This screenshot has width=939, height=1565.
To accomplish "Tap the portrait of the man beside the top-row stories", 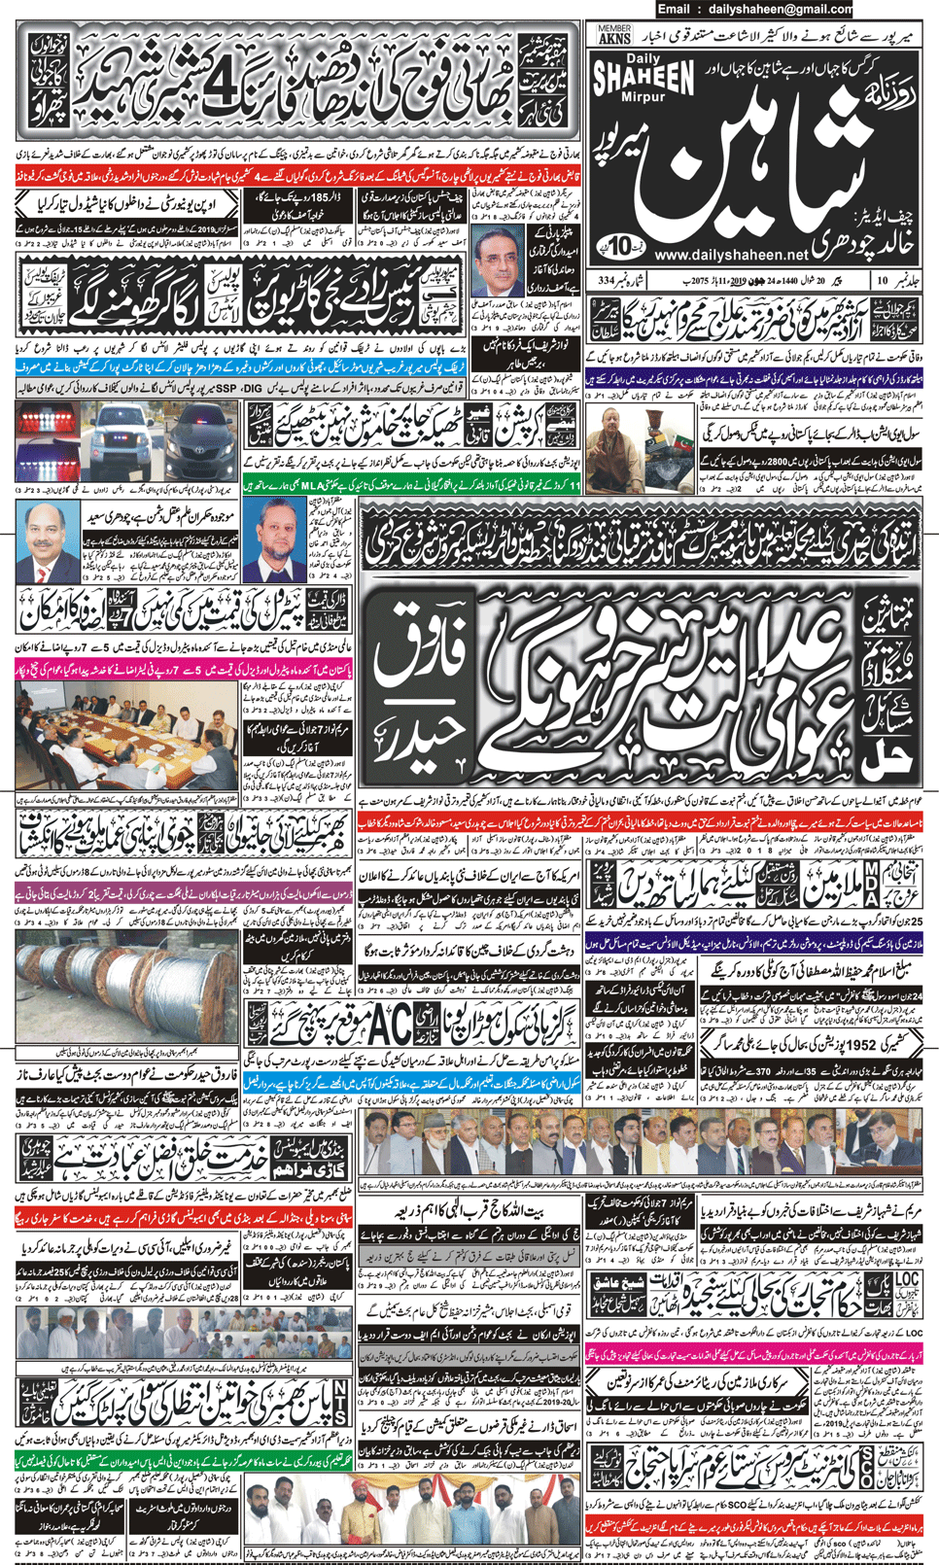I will (498, 262).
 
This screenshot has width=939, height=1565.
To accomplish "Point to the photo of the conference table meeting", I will (126, 734).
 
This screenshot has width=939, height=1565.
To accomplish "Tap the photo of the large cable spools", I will (126, 989).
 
